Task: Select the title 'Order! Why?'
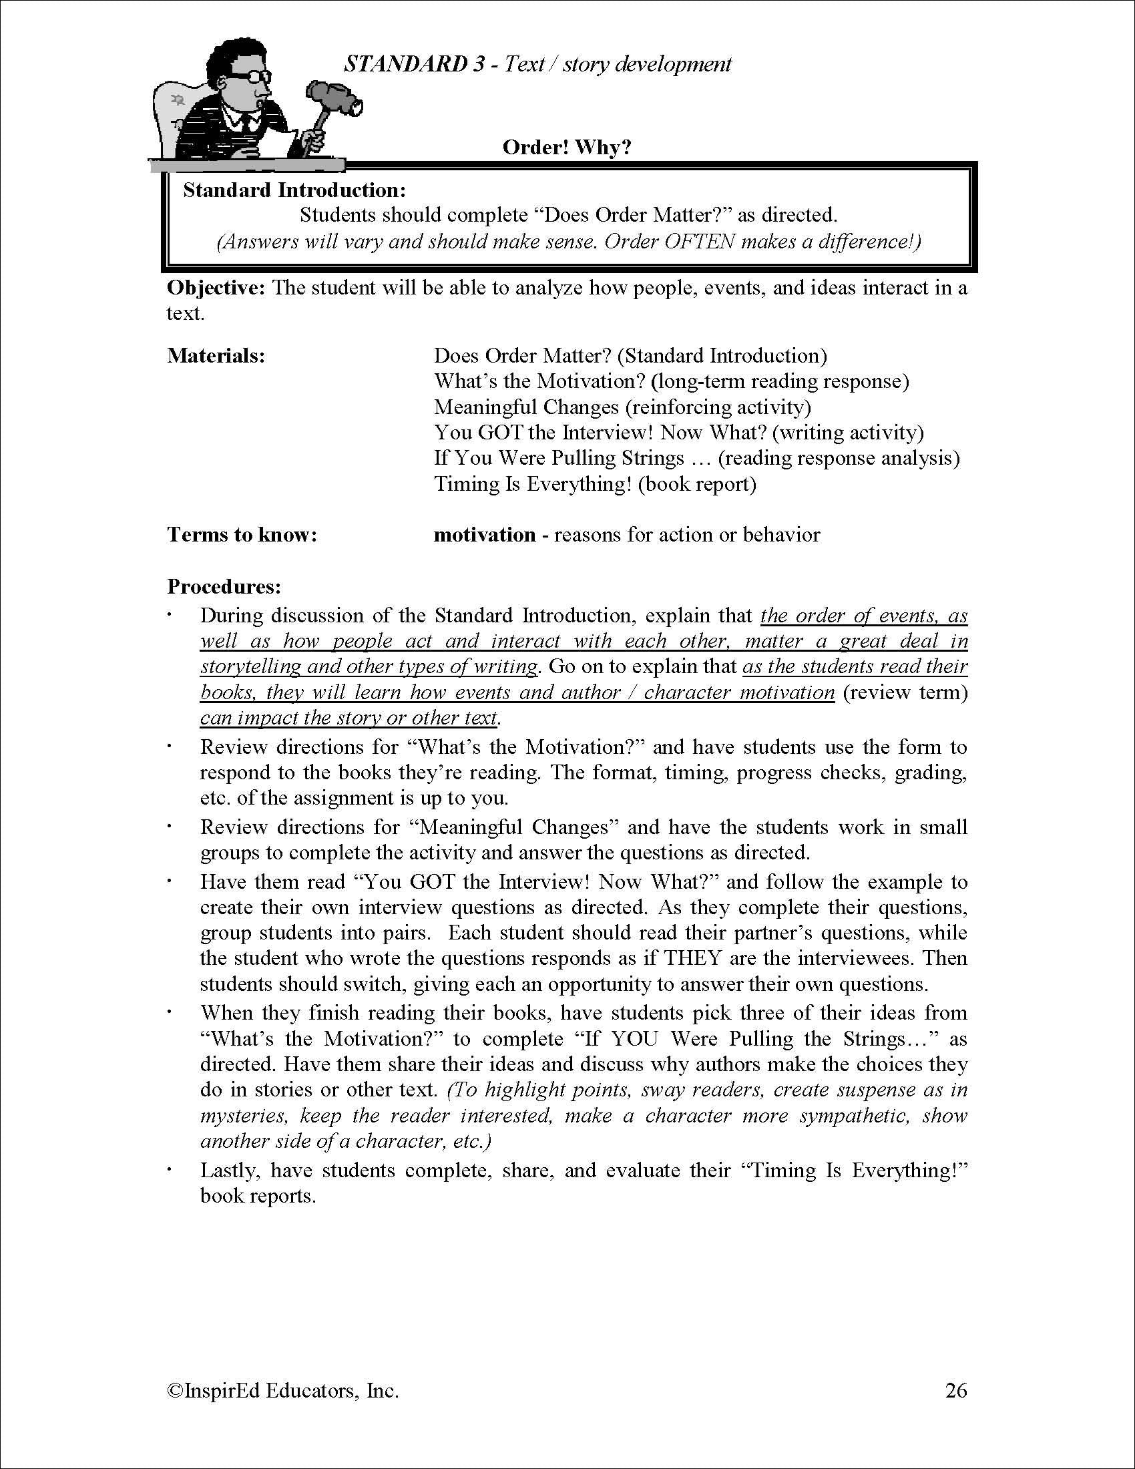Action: click(x=567, y=148)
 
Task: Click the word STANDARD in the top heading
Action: click(x=405, y=64)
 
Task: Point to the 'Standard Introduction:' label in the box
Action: click(x=294, y=190)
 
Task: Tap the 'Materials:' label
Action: click(x=216, y=355)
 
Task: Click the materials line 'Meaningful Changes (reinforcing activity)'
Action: click(x=622, y=407)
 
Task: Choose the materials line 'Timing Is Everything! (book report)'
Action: click(x=595, y=483)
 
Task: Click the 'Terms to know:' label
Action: click(x=242, y=535)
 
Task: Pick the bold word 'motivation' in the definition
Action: click(x=484, y=535)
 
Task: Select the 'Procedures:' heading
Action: click(x=224, y=586)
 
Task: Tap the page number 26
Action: click(x=955, y=1390)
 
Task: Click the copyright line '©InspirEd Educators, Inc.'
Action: click(x=282, y=1390)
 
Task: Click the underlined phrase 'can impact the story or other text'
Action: click(x=349, y=718)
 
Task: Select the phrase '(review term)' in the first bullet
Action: click(x=904, y=692)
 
